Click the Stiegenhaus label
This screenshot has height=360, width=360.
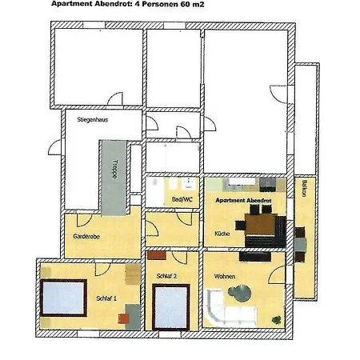(93, 119)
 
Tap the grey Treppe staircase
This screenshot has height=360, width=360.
(114, 178)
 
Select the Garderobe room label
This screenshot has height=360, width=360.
(86, 236)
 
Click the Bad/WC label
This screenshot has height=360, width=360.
(182, 199)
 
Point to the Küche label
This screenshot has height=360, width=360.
(222, 234)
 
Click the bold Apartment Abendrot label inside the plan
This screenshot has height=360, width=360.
(243, 200)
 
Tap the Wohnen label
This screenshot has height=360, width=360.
(225, 276)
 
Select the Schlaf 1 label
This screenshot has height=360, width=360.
(106, 298)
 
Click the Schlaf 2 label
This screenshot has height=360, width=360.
(166, 276)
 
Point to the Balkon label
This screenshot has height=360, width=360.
(304, 189)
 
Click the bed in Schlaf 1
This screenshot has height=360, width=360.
(63, 298)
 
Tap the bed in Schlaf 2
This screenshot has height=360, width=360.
(171, 307)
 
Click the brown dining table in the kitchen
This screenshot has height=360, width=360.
(260, 224)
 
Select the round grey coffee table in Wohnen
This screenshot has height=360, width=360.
(240, 294)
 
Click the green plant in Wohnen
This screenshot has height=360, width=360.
(276, 319)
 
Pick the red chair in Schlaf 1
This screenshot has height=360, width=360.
(124, 318)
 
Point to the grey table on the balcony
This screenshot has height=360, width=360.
(301, 244)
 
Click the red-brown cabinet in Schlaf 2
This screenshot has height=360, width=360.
(157, 255)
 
